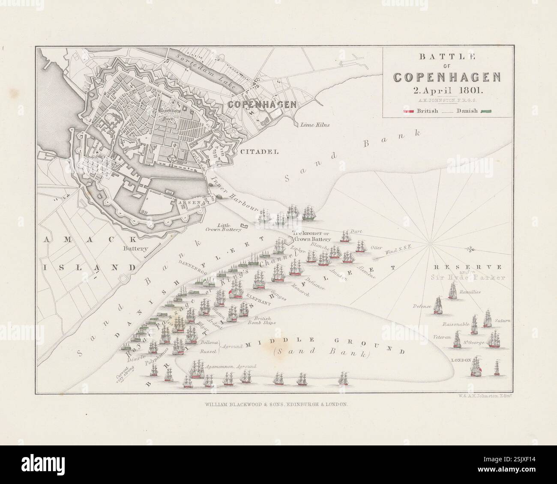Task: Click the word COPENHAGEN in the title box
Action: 447,77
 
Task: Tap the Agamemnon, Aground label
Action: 231,367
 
